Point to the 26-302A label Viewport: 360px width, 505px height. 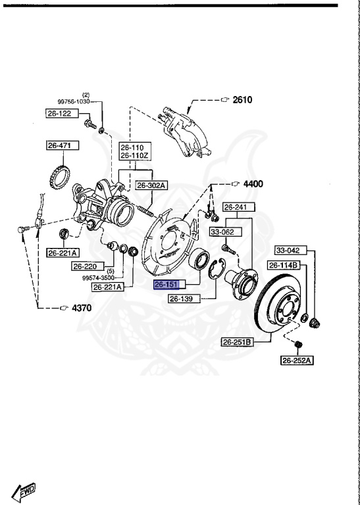[x=151, y=185]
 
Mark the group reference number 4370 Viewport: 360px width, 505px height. [x=82, y=307]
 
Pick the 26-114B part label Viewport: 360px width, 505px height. [x=284, y=265]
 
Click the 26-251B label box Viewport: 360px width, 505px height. [x=237, y=342]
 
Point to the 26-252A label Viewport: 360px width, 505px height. [x=297, y=360]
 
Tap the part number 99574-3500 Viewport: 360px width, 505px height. [x=99, y=278]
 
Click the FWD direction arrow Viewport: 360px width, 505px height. [x=23, y=490]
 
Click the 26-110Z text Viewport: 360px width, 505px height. [x=136, y=155]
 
